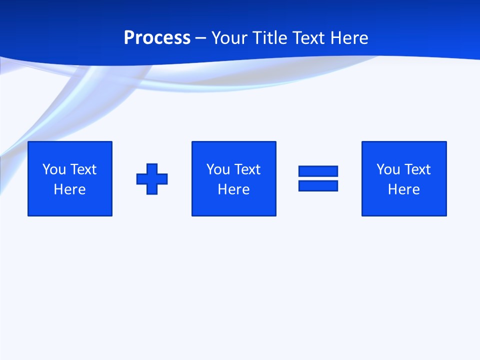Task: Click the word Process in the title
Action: tap(157, 38)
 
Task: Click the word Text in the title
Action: tap(310, 38)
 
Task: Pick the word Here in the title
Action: tap(349, 38)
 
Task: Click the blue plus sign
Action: tap(152, 178)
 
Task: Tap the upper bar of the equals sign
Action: tap(318, 171)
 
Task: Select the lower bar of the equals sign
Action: tap(318, 185)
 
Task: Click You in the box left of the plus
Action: tap(54, 169)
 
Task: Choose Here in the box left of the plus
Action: tap(69, 189)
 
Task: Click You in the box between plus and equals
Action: tap(218, 169)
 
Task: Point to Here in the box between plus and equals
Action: tap(233, 189)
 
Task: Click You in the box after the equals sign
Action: tap(388, 169)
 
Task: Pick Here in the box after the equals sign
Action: tap(403, 189)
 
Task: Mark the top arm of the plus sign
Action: tap(152, 168)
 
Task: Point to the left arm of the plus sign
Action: tap(141, 178)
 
